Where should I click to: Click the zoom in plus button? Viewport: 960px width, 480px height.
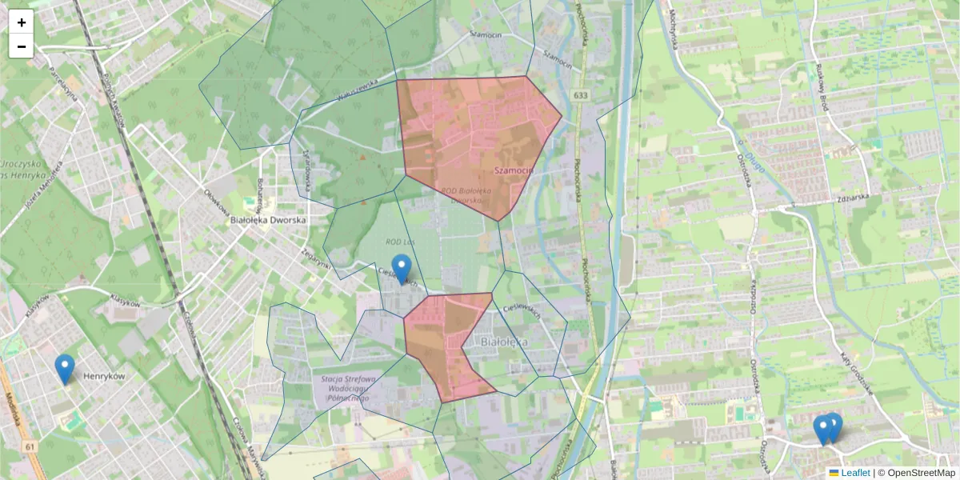[x=22, y=22]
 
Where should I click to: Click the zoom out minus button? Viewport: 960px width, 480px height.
[x=22, y=46]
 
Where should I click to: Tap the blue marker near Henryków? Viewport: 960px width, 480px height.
[x=65, y=369]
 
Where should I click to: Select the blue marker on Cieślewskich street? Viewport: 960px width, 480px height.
[x=402, y=269]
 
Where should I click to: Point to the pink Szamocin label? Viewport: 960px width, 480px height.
[x=513, y=170]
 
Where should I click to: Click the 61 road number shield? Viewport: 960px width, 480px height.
[x=30, y=446]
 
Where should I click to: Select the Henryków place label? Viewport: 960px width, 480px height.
[x=104, y=376]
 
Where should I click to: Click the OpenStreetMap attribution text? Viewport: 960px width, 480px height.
[x=920, y=473]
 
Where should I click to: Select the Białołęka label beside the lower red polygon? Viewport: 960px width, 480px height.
[x=505, y=342]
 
